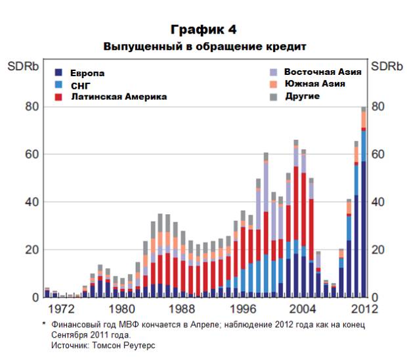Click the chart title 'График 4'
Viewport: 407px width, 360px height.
tap(203, 30)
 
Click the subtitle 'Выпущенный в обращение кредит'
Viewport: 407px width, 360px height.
tap(204, 47)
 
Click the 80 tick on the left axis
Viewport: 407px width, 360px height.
tap(32, 106)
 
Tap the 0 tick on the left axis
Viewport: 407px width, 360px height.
tap(35, 298)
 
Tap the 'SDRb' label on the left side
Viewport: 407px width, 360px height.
tap(21, 66)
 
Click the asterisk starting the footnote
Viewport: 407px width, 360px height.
tap(44, 325)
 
